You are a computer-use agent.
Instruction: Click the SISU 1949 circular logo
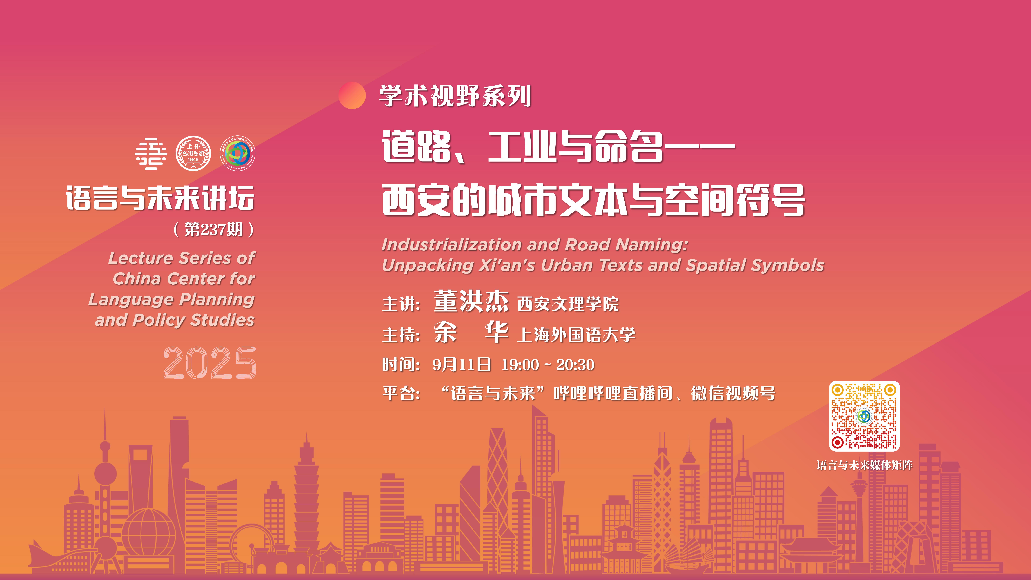click(193, 153)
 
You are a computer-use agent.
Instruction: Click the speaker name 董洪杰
click(471, 301)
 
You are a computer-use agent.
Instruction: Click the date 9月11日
click(462, 365)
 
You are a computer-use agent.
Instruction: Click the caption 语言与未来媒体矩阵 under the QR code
click(865, 465)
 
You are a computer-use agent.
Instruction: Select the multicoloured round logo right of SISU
click(238, 153)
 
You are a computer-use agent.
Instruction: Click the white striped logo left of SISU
click(151, 154)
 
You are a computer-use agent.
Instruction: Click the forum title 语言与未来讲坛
click(160, 198)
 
